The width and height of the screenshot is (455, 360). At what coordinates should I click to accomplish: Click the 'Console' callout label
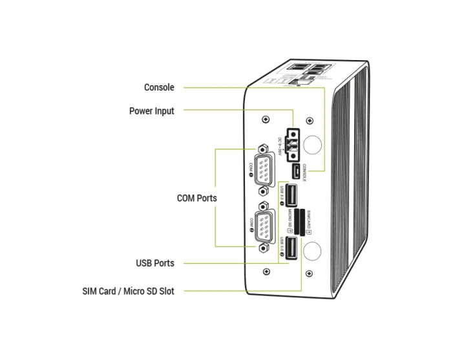point(159,87)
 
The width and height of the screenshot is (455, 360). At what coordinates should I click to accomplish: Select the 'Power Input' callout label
point(152,111)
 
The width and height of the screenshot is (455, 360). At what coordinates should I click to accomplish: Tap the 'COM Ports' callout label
point(196,198)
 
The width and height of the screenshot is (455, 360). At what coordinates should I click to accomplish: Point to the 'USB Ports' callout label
point(155,263)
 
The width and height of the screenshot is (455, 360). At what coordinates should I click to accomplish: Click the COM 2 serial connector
point(264,226)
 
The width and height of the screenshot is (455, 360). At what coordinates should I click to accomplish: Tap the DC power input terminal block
point(291,144)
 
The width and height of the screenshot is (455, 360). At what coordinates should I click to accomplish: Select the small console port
point(294,172)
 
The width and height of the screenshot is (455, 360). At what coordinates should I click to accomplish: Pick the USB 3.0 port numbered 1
point(292,196)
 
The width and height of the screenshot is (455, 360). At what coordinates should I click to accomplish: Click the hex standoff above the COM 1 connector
point(263,147)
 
